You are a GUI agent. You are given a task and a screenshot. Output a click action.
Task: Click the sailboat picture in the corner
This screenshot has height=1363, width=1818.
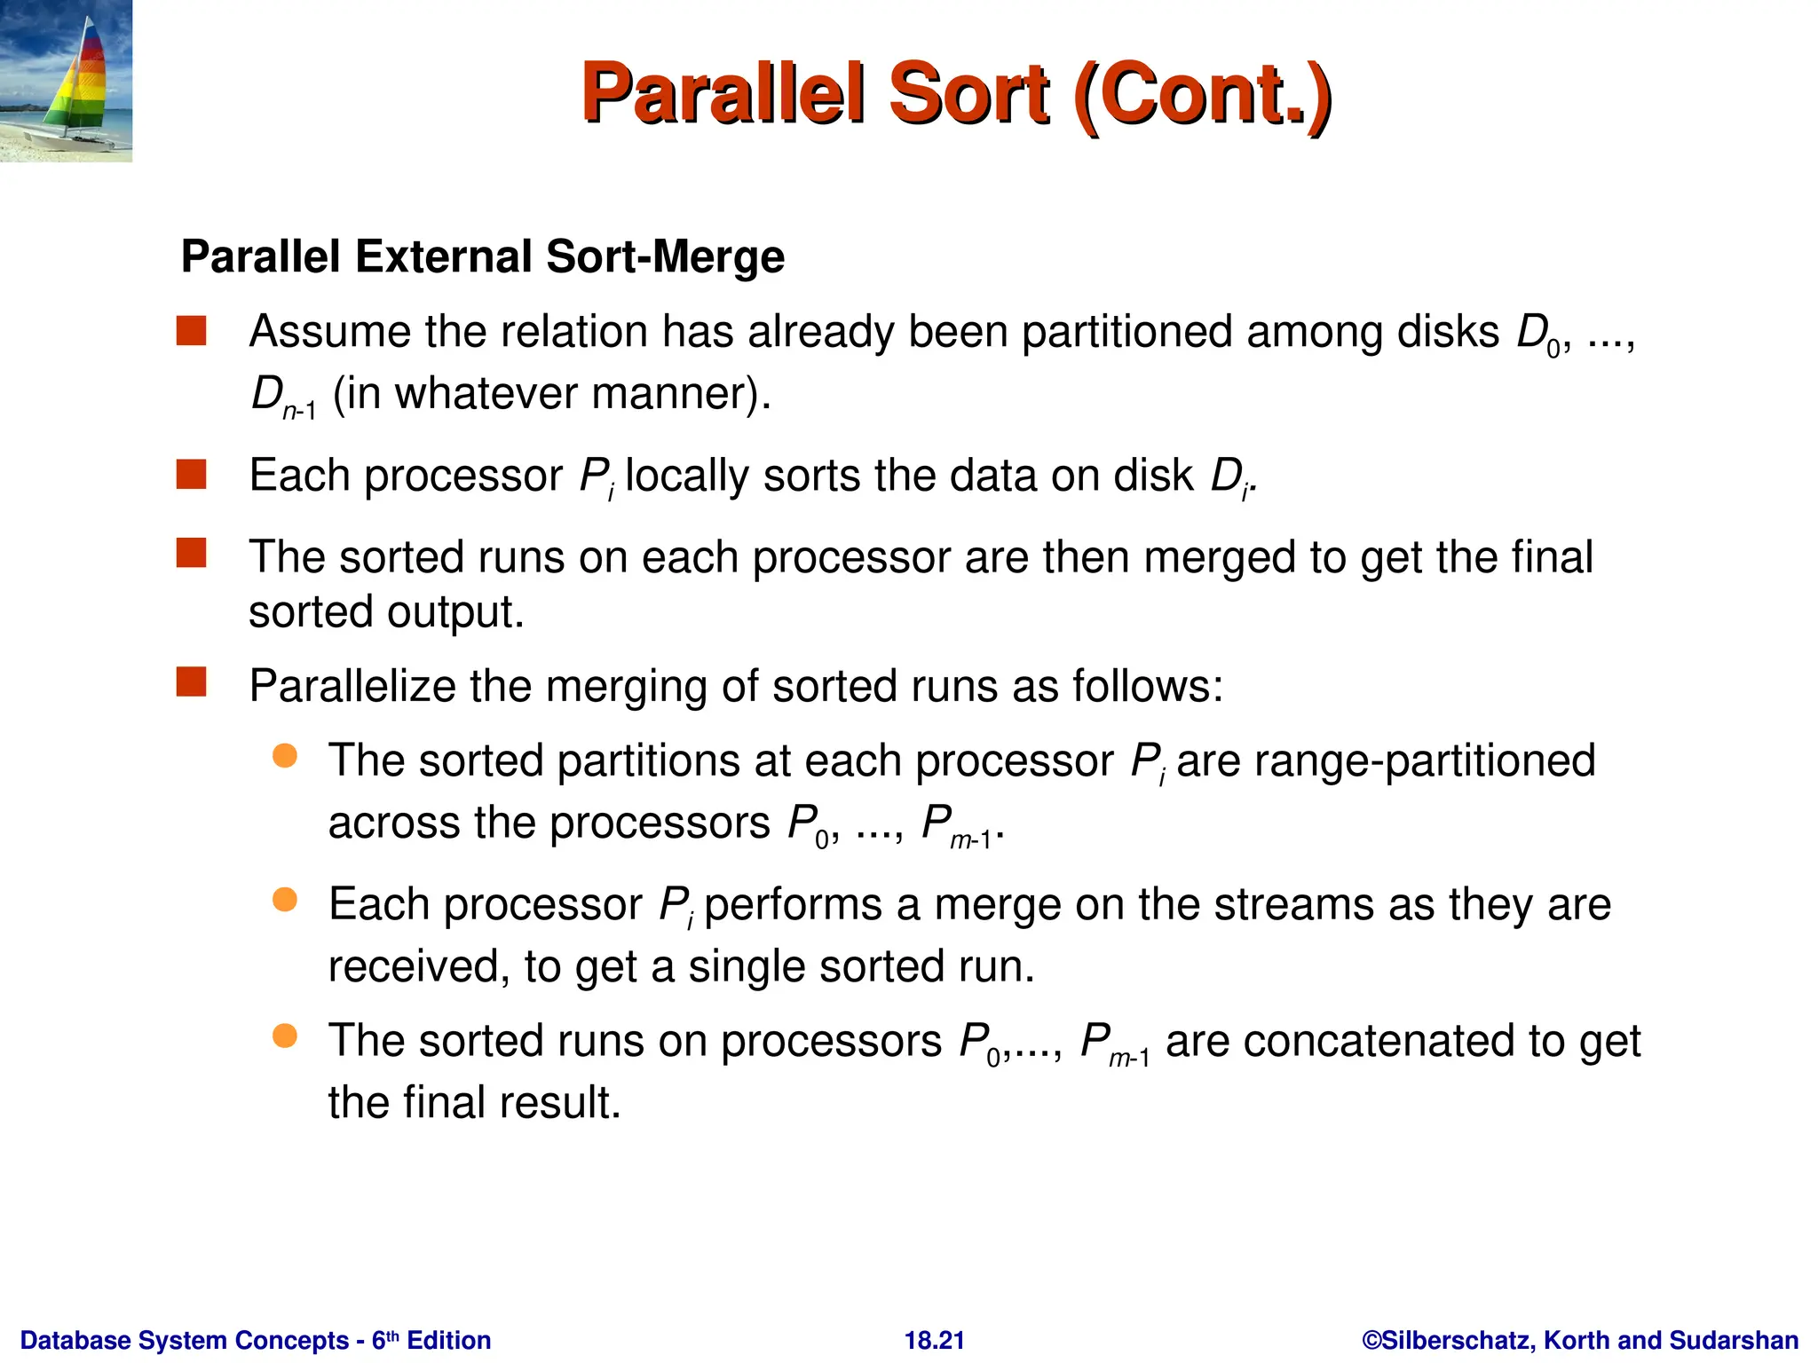coord(66,81)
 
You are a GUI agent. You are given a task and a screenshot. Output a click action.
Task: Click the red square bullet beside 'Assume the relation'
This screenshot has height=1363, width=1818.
coord(191,331)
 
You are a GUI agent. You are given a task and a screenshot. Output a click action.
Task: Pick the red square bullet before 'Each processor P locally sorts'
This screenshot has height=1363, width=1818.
coord(191,475)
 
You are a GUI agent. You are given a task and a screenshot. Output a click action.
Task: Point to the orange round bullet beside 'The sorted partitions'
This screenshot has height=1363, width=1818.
coord(284,756)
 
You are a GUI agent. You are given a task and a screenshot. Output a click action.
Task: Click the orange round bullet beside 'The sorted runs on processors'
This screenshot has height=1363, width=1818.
coord(284,1036)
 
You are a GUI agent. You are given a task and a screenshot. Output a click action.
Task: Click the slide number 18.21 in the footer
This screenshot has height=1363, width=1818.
coord(934,1340)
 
